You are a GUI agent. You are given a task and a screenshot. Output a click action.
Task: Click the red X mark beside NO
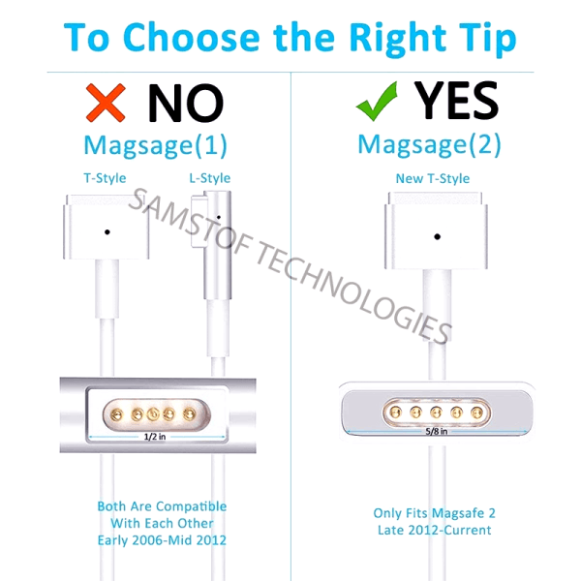106,103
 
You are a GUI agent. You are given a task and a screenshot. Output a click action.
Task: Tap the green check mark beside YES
377,101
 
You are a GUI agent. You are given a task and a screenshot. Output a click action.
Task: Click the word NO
185,103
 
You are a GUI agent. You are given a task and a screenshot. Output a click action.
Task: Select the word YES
456,100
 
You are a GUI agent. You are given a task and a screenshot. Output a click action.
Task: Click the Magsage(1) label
155,145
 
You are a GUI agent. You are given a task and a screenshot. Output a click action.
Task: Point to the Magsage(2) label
429,144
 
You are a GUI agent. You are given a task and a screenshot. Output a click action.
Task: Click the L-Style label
210,178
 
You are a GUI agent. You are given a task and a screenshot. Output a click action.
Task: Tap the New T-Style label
433,178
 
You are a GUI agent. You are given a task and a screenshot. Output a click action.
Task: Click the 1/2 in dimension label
155,437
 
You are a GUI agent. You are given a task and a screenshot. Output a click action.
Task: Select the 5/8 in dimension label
436,431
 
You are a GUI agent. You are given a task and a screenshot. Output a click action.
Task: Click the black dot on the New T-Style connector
438,236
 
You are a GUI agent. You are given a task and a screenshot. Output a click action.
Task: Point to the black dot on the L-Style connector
219,218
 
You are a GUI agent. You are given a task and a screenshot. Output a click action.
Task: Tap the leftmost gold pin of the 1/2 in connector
116,414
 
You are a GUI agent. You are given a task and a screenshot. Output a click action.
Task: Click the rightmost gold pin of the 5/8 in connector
476,412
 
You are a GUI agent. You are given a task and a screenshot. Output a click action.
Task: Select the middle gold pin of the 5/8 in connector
436,412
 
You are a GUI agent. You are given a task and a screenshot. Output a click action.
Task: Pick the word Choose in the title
191,37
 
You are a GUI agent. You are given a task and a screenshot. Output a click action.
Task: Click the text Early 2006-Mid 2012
162,540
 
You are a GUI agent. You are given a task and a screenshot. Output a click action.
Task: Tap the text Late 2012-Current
434,531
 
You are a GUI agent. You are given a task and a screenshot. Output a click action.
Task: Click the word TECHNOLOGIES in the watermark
353,291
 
